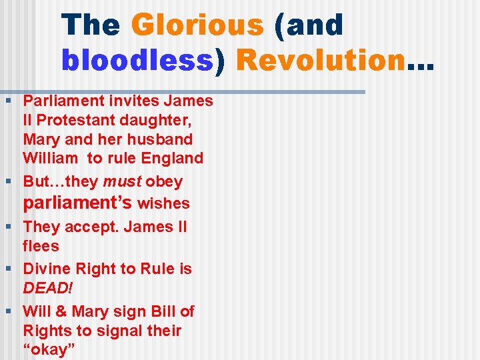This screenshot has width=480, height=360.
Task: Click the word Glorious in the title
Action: click(x=197, y=25)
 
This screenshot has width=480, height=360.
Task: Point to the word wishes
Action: click(x=163, y=203)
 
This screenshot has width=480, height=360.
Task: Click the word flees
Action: click(x=41, y=246)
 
